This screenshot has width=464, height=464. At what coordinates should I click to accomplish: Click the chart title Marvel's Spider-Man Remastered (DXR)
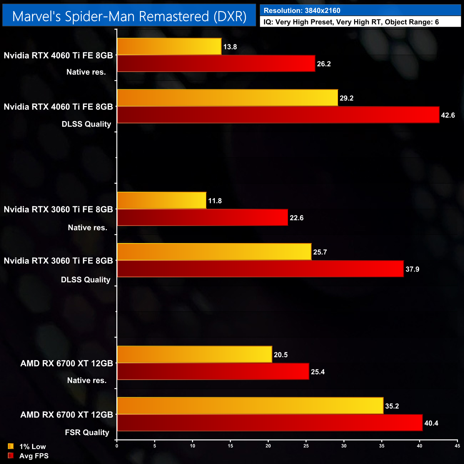click(129, 16)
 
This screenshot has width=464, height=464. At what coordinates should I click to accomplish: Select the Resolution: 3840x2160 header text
click(302, 11)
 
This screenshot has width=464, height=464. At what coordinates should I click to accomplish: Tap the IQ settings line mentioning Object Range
click(351, 22)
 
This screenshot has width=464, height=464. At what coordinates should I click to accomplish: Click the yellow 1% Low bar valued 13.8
click(169, 47)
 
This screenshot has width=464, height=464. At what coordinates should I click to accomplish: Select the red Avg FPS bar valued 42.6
click(278, 115)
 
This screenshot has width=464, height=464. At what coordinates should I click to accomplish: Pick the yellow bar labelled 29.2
click(227, 98)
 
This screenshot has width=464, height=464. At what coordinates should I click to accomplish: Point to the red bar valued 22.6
click(202, 218)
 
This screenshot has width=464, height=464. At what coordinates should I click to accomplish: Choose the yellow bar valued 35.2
click(250, 406)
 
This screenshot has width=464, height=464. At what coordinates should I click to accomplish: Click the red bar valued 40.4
click(269, 423)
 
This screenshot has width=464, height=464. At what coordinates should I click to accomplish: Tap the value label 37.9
click(412, 269)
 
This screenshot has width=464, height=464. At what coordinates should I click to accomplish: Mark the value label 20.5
click(281, 355)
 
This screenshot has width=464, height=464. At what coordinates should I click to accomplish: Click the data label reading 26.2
click(324, 64)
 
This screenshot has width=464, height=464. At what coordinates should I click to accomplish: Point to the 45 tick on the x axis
click(457, 446)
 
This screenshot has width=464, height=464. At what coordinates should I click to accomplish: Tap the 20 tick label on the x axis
click(268, 446)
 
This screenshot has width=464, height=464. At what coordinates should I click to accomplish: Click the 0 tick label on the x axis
click(117, 446)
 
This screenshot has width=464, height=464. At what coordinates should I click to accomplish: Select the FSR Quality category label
click(87, 433)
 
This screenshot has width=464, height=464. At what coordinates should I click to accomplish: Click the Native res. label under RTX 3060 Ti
click(87, 228)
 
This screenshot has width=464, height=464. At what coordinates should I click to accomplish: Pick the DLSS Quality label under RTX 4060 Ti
click(86, 124)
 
